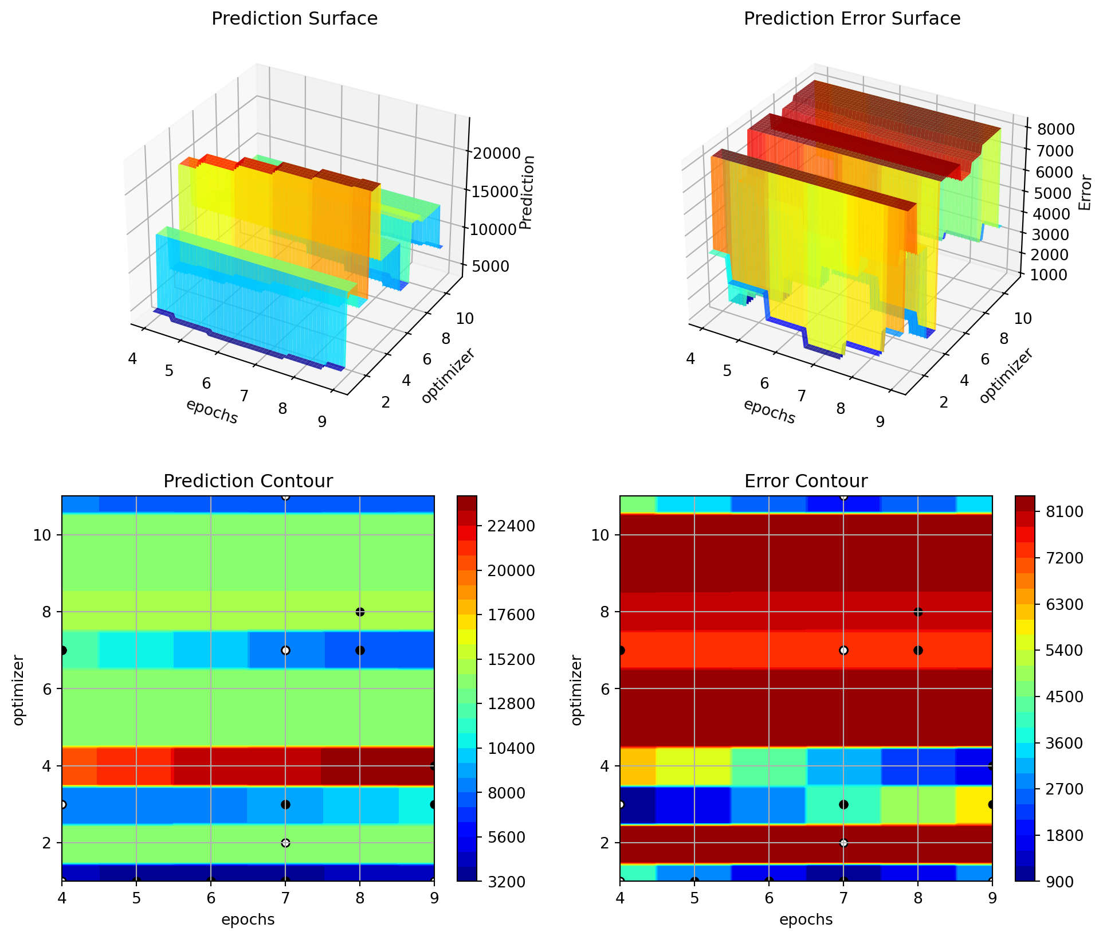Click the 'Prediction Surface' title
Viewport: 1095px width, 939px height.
295,19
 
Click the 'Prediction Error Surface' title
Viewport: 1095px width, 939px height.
851,19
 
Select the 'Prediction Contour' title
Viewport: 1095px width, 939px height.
248,481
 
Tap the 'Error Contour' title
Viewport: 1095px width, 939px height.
806,481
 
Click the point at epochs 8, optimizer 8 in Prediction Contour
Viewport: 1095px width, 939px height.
360,612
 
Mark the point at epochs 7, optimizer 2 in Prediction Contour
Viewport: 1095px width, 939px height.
285,843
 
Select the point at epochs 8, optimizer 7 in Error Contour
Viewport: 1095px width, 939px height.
918,650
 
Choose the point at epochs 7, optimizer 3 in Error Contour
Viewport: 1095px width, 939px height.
843,804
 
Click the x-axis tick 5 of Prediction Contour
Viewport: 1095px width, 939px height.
136,898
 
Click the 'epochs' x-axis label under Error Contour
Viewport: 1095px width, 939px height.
806,920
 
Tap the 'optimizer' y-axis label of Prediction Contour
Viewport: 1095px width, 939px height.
18,690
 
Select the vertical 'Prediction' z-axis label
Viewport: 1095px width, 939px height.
528,192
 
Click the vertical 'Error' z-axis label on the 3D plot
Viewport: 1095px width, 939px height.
1085,193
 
